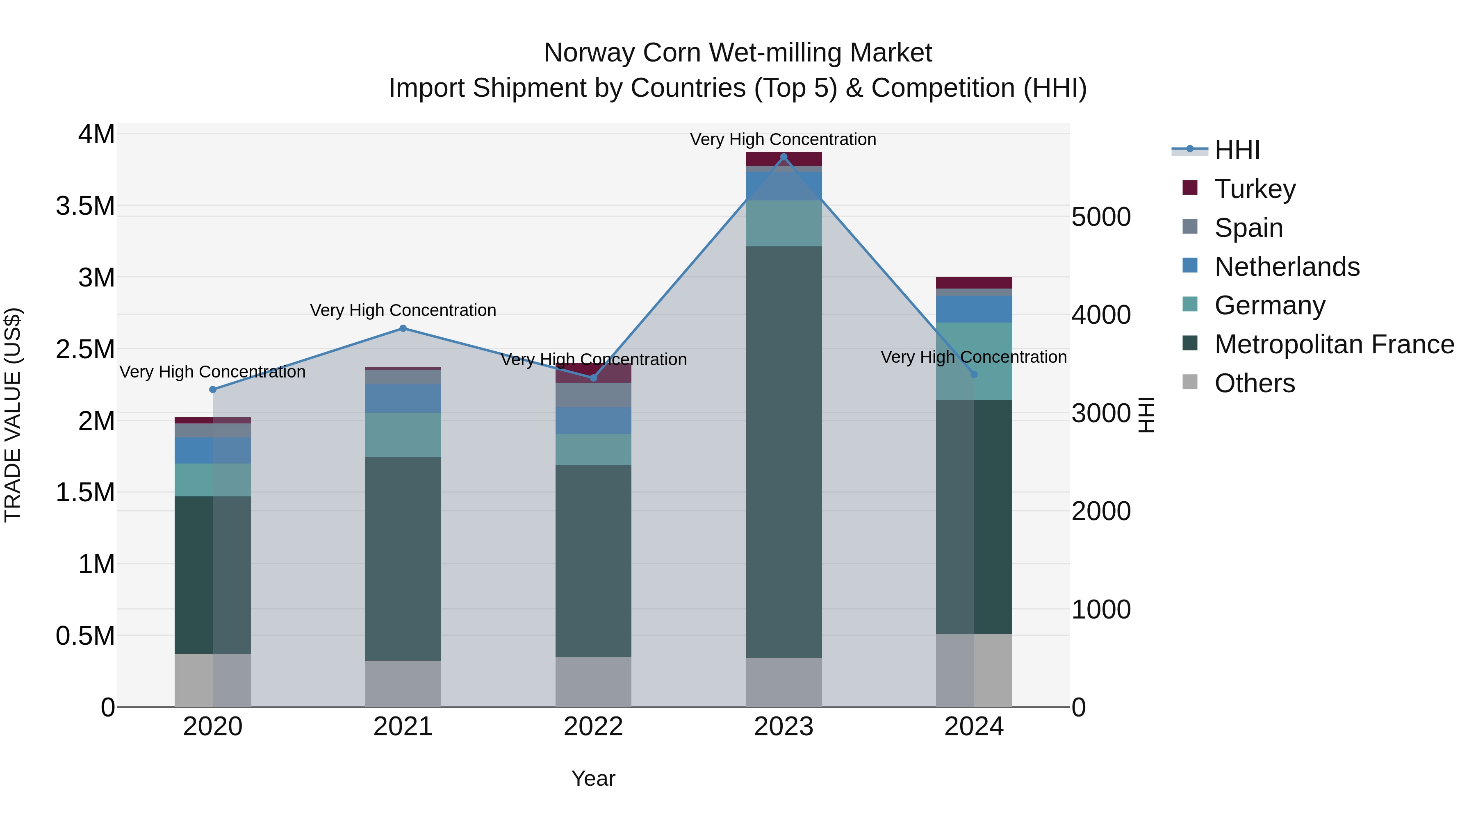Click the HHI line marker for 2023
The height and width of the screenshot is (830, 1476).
tap(783, 157)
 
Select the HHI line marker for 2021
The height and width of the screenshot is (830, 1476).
tap(403, 328)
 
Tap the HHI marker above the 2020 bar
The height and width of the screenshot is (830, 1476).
tap(212, 389)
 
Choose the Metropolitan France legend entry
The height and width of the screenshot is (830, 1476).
tap(1334, 344)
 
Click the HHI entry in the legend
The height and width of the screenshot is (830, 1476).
tap(1237, 150)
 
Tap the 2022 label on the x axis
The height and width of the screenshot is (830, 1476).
tap(593, 727)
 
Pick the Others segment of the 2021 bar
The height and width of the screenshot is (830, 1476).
tap(403, 683)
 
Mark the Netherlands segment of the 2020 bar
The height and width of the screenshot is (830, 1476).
tap(212, 450)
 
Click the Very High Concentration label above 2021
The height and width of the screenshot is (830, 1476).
tap(403, 310)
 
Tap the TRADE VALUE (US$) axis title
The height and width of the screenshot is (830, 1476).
tap(13, 415)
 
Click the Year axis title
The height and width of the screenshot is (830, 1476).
tap(593, 778)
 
